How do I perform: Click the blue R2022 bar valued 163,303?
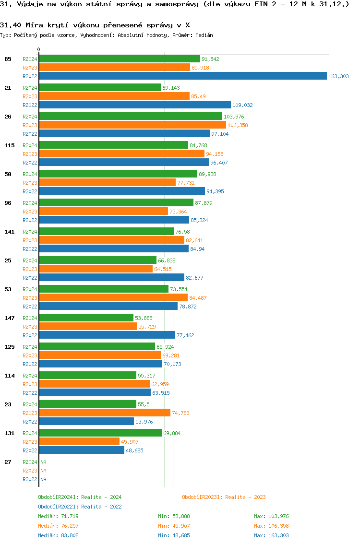pyautogui.click(x=182, y=76)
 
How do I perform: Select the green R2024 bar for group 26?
pyautogui.click(x=131, y=116)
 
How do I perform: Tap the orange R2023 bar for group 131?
pyautogui.click(x=79, y=441)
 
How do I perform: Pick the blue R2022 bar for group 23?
pyautogui.click(x=86, y=421)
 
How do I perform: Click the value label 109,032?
pyautogui.click(x=242, y=105)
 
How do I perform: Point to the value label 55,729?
pyautogui.click(x=147, y=327)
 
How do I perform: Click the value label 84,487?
pyautogui.click(x=198, y=298)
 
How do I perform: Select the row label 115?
pyautogui.click(x=9, y=145)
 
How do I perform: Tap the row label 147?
pyautogui.click(x=9, y=318)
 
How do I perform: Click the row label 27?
pyautogui.click(x=8, y=462)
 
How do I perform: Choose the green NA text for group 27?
pyautogui.click(x=43, y=462)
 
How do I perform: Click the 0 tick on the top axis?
pyautogui.click(x=39, y=49)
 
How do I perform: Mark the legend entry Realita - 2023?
pyautogui.click(x=224, y=497)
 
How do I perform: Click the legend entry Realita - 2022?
pyautogui.click(x=80, y=507)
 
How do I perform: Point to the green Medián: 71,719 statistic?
pyautogui.click(x=58, y=516)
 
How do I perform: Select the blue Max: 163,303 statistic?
pyautogui.click(x=271, y=535)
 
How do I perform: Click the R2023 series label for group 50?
pyautogui.click(x=30, y=183)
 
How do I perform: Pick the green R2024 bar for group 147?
pyautogui.click(x=86, y=318)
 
